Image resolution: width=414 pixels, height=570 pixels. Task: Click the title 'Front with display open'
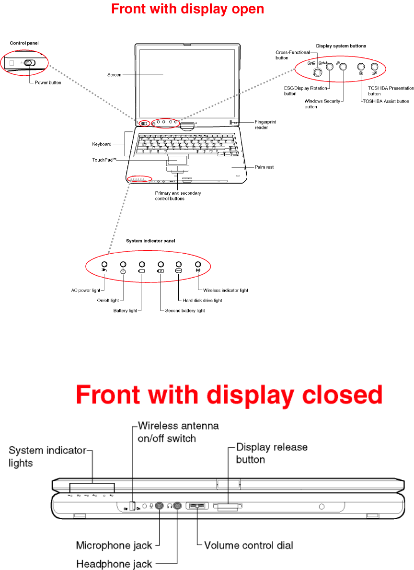coord(187,9)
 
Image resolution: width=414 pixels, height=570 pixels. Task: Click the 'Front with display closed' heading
coord(230,396)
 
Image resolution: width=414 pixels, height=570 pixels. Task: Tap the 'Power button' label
coord(48,82)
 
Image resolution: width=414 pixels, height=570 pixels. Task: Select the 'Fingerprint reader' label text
coord(265,125)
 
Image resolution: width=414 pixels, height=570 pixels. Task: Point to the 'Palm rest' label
coord(264,167)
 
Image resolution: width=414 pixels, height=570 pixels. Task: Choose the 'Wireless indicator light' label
coord(225,290)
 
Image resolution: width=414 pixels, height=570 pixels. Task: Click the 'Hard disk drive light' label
coord(202,301)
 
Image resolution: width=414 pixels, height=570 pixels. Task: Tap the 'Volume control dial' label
coord(248,545)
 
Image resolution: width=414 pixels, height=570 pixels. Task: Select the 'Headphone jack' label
coord(114,564)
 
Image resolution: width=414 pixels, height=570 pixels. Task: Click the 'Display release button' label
coord(272,453)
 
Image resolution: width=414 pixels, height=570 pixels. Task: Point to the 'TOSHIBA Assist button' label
coord(386,101)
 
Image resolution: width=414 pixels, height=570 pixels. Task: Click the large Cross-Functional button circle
coord(317,72)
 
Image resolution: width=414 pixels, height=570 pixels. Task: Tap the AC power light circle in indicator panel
coord(104,264)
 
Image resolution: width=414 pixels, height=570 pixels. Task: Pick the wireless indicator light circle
coord(197,264)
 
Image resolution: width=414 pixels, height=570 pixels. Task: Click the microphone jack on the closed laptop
coord(160,505)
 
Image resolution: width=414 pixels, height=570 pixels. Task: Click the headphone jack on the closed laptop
coord(177,505)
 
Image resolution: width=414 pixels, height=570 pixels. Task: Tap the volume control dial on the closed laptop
coord(197,506)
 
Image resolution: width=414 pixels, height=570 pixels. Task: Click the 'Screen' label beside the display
coord(115,75)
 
